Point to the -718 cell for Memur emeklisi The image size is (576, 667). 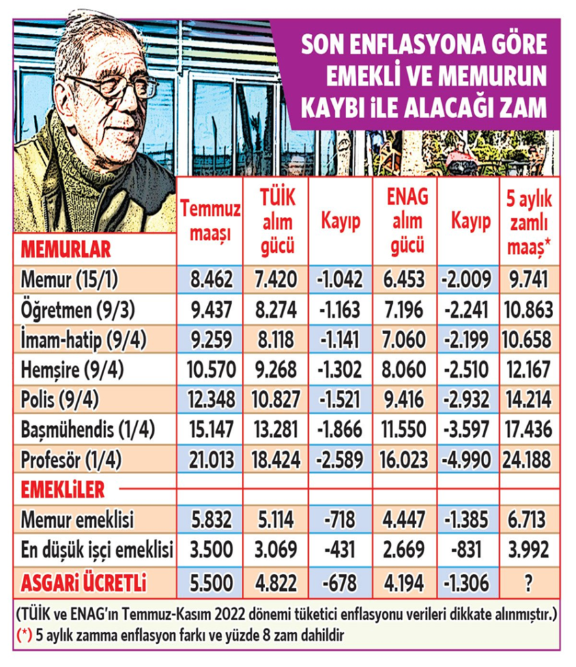click(x=339, y=520)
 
